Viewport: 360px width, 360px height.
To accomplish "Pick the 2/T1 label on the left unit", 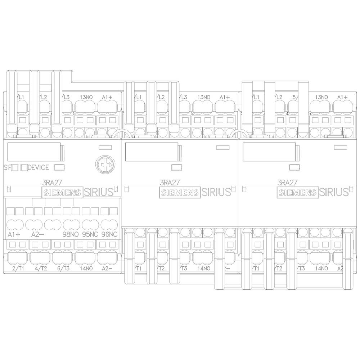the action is (18, 268).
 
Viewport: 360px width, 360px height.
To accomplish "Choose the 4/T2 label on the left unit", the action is (41, 268).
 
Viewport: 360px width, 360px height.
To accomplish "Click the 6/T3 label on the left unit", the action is (63, 268).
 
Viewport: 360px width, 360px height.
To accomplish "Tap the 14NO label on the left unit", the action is (85, 268).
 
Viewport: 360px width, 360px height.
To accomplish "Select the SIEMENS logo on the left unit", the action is (62, 193).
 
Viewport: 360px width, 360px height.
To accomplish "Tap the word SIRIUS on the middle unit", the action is (216, 192).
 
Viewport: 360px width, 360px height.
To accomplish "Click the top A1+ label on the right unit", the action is (342, 97).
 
